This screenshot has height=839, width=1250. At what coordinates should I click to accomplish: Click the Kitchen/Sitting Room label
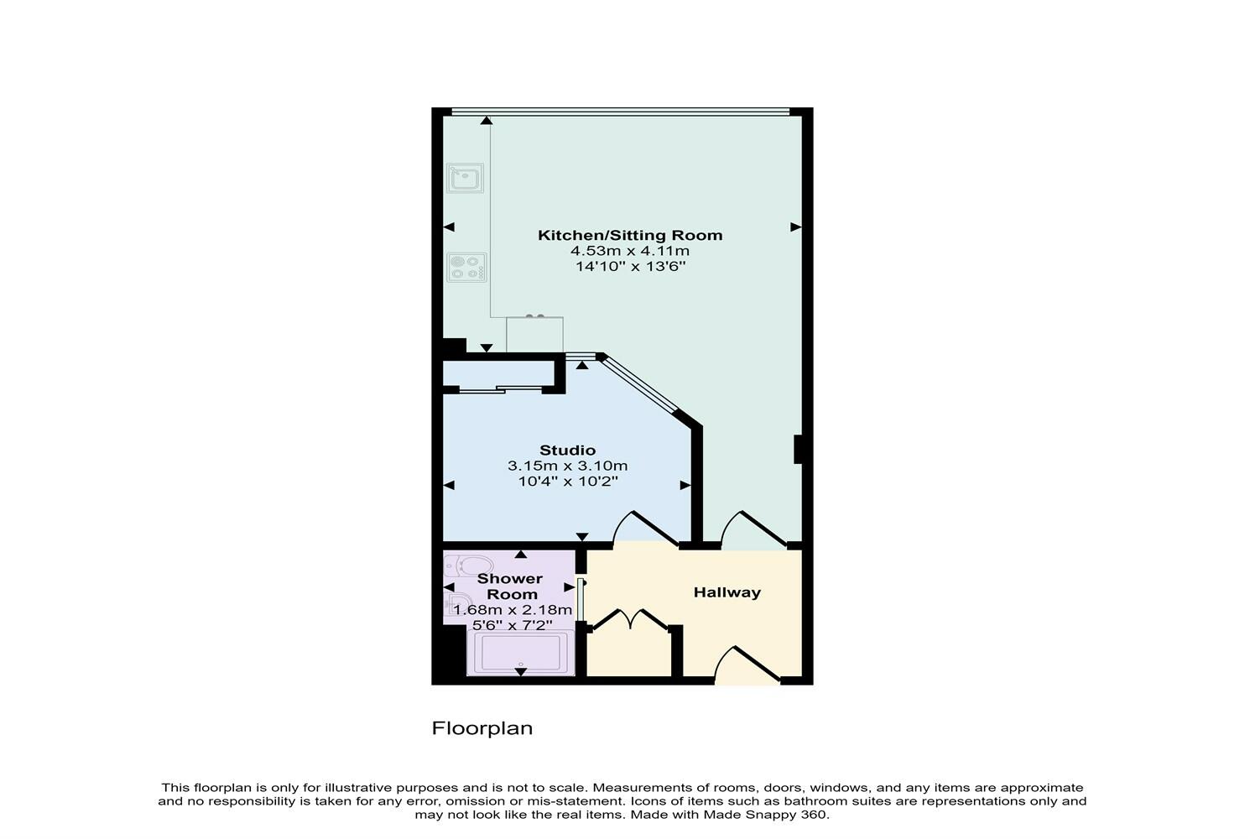click(x=629, y=235)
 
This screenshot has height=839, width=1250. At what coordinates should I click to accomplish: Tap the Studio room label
click(x=567, y=451)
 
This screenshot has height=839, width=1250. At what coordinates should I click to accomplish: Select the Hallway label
click(x=727, y=592)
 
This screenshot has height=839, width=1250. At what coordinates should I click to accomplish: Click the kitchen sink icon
click(x=464, y=178)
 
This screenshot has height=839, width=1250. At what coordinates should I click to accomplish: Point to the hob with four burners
click(x=466, y=268)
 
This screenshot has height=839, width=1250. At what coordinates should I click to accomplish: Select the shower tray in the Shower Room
click(x=520, y=653)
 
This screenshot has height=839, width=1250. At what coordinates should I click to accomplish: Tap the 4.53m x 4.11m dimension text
click(x=629, y=251)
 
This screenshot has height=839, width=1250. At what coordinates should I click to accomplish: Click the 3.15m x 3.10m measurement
click(x=567, y=466)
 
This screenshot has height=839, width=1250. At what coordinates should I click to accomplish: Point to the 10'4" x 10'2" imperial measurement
click(x=568, y=482)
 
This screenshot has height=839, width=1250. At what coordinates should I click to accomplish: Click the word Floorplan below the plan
click(x=482, y=728)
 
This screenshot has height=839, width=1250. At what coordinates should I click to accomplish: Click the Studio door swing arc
click(x=646, y=529)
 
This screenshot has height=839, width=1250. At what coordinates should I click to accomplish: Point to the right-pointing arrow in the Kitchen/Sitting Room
click(x=795, y=227)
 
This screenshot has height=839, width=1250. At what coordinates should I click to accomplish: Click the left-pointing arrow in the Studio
click(x=449, y=485)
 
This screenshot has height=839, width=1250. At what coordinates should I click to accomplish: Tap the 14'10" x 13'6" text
click(x=629, y=267)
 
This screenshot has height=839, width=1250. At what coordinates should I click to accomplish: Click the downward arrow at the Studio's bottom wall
click(x=582, y=537)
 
